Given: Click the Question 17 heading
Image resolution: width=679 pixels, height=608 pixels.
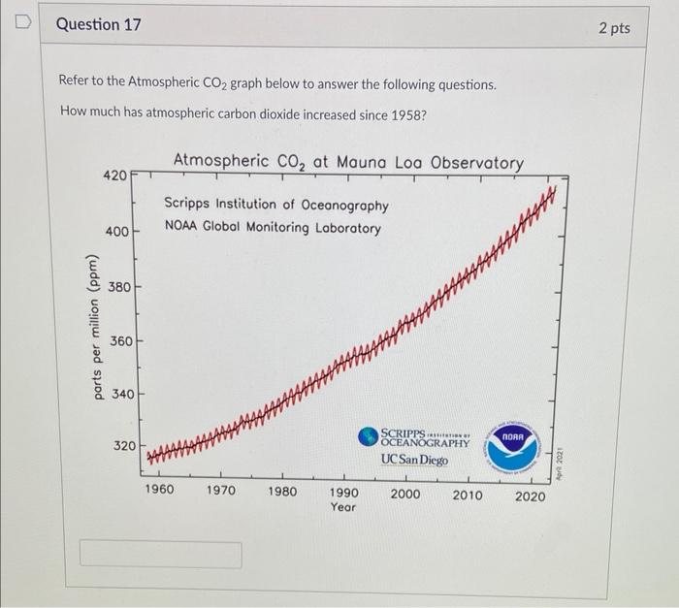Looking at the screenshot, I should tap(99, 24).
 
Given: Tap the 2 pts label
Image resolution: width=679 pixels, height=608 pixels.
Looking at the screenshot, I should tap(614, 28).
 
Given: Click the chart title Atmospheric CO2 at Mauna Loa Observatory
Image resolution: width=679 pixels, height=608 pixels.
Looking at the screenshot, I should tap(348, 162).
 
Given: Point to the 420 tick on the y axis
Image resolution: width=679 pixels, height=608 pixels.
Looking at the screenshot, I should tap(114, 176).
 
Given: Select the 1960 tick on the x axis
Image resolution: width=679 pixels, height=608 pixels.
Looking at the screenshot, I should tap(159, 490).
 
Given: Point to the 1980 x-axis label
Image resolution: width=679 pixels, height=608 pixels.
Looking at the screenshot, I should tap(282, 491).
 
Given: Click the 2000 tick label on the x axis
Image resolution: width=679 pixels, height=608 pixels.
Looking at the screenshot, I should tap(404, 494).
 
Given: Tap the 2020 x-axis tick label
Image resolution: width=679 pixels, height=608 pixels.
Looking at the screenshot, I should tap(530, 495).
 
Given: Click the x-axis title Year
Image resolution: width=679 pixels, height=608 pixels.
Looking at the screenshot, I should tap(343, 506).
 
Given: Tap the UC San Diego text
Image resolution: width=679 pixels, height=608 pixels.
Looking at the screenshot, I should tap(414, 460).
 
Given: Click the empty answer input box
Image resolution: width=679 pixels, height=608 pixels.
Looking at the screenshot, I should tap(160, 555).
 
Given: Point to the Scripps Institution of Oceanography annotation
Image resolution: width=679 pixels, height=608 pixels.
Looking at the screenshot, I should tap(275, 205).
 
